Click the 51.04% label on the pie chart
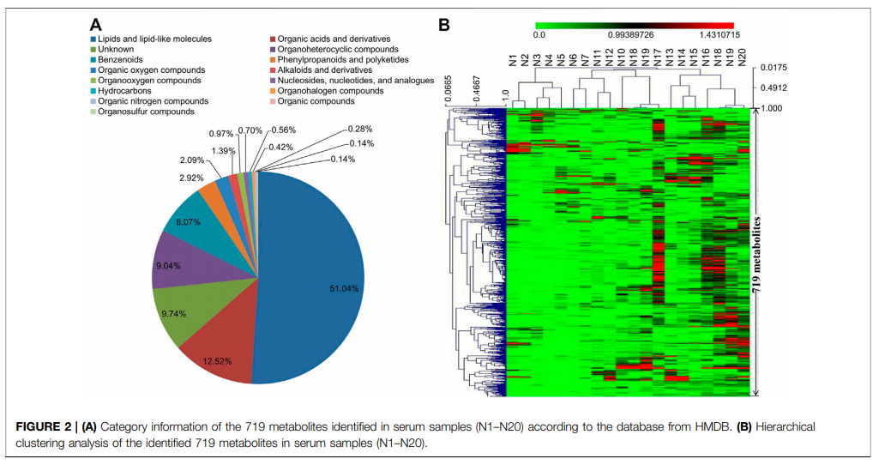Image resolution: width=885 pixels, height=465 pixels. [x=344, y=288]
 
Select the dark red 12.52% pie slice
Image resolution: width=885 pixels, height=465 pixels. [x=221, y=353]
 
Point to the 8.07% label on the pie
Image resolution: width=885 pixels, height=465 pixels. [x=188, y=222]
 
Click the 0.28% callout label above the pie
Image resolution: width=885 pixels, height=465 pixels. [x=359, y=130]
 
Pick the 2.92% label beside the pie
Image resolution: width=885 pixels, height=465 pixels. [x=191, y=178]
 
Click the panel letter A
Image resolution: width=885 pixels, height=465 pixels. [x=96, y=25]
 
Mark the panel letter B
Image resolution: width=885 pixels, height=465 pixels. [x=444, y=25]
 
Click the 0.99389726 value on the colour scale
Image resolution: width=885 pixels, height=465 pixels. [x=630, y=35]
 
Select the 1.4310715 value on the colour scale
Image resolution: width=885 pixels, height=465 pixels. [x=719, y=35]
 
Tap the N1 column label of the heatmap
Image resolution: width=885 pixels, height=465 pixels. [x=513, y=60]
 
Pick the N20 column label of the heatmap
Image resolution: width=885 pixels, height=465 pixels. [x=742, y=57]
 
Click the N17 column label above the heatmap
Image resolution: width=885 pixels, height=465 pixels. [x=658, y=57]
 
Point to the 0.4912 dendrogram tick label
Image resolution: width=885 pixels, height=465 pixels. [x=774, y=88]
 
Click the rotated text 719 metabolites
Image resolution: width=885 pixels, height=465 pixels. [x=756, y=254]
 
